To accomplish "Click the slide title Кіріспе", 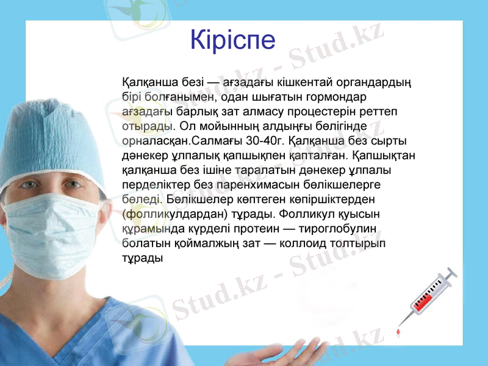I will (232, 40).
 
